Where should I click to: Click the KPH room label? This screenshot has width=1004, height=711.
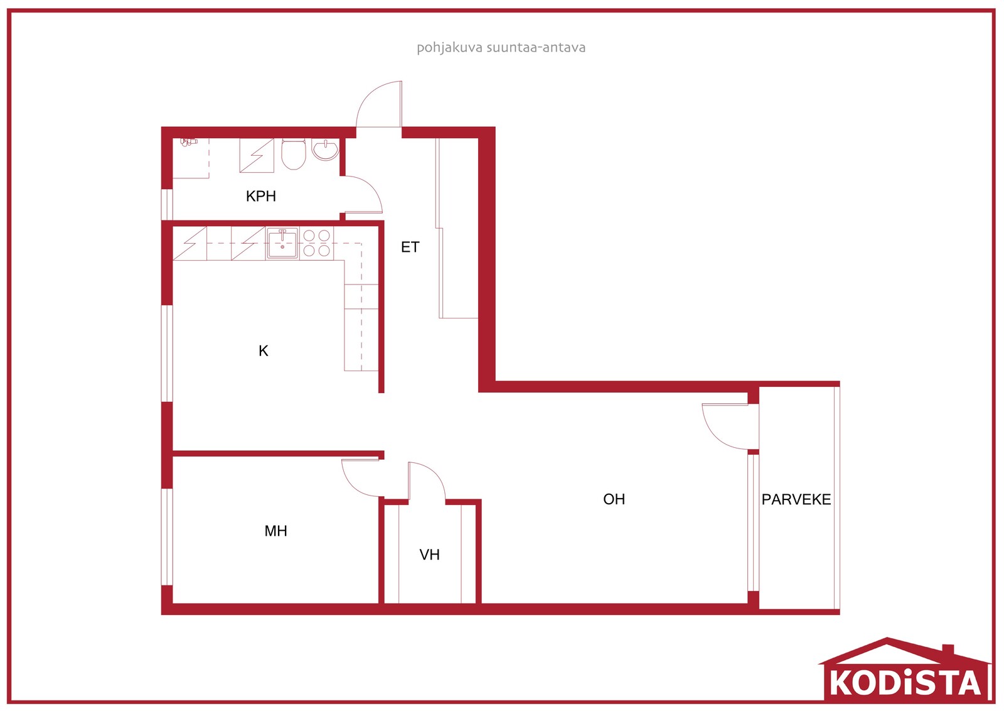(x=261, y=196)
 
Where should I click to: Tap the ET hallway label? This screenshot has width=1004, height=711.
(x=410, y=247)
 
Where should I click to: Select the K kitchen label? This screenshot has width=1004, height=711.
(x=264, y=351)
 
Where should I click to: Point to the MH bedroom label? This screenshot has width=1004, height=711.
(x=275, y=531)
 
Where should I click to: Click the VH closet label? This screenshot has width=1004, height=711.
(x=429, y=555)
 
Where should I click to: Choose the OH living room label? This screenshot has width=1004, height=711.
(x=614, y=499)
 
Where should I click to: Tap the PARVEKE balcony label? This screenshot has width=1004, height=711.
(x=796, y=500)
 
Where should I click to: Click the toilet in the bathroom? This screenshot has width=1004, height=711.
(x=294, y=154)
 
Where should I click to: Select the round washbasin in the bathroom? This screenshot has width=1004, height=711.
(x=326, y=149)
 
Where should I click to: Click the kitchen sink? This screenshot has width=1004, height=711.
(x=282, y=244)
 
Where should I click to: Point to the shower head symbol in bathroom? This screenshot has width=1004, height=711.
(x=188, y=142)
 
